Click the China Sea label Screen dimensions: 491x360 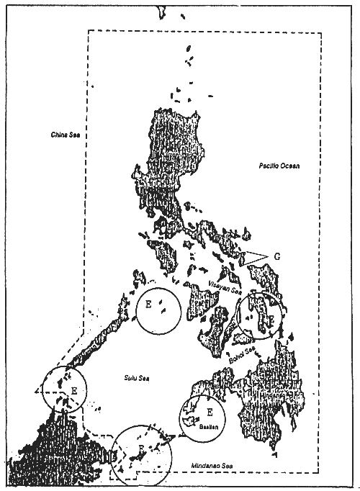[x=64, y=135]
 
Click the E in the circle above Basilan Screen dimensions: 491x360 [x=210, y=412]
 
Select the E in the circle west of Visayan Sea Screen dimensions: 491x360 [x=148, y=304]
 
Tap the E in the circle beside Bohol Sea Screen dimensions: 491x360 [x=271, y=317]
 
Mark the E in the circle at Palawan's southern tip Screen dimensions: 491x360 [x=73, y=389]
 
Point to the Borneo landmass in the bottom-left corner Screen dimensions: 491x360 [x=36, y=454]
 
